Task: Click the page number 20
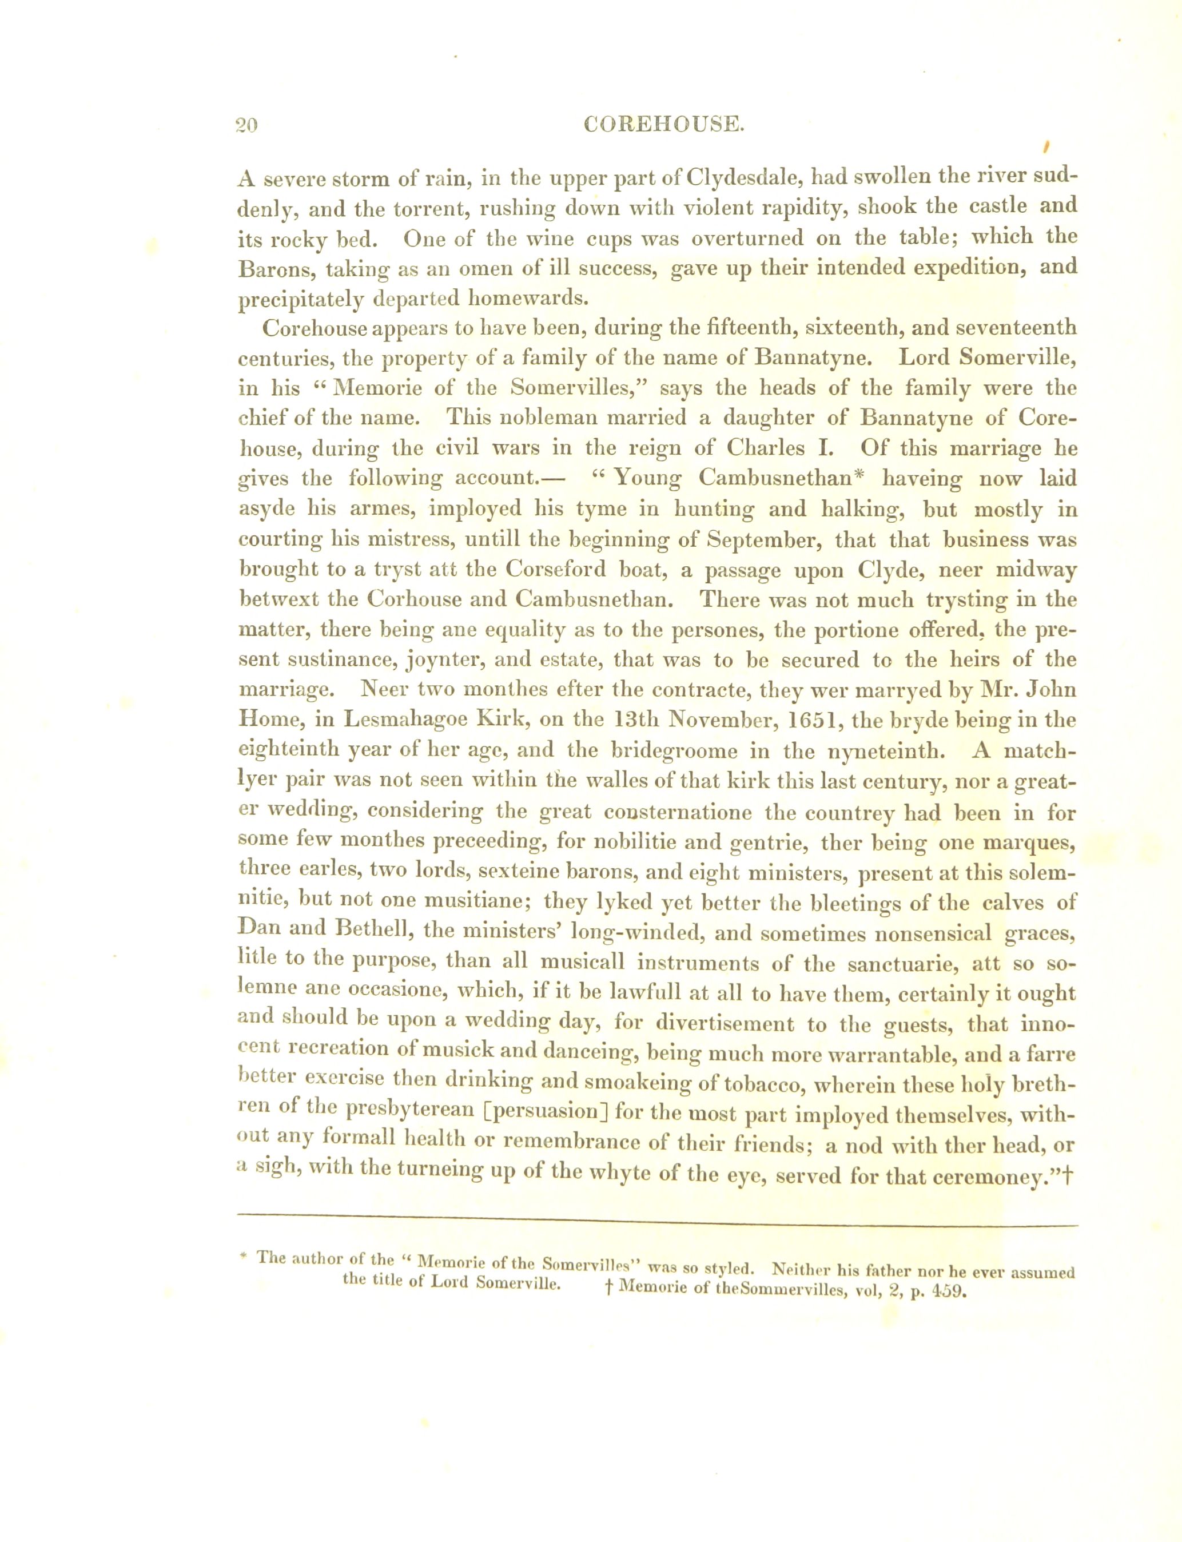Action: pos(248,126)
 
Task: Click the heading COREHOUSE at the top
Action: pos(664,125)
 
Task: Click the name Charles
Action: pos(763,448)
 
